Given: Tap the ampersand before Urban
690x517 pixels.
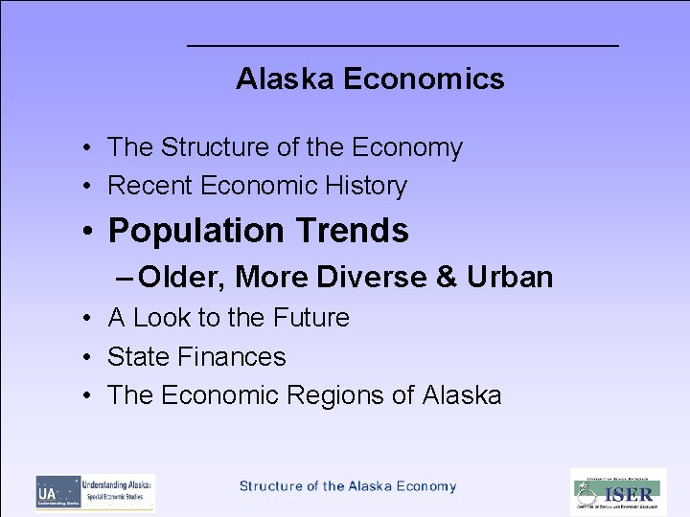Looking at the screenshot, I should click(447, 277).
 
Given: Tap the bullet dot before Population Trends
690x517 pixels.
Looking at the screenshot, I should click(87, 232).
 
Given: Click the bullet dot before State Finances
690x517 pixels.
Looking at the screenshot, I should click(86, 358).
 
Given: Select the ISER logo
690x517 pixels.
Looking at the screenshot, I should click(618, 492).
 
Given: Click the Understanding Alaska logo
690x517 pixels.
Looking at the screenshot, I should click(95, 492).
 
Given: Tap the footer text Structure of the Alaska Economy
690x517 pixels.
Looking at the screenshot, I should click(348, 486).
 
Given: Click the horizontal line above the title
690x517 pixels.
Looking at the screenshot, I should click(402, 46).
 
